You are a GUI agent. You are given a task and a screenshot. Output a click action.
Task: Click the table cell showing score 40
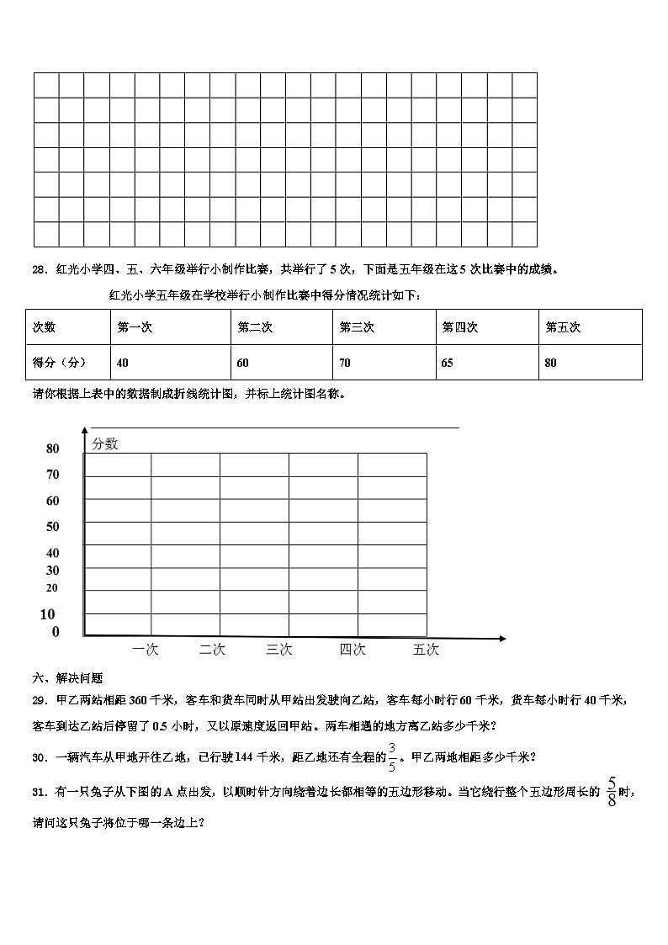click(x=124, y=364)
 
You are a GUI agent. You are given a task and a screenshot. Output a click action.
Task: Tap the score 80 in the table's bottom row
click(x=551, y=364)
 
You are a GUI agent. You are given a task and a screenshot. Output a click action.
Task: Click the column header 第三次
click(x=357, y=327)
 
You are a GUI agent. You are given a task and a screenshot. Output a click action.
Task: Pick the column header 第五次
click(x=563, y=327)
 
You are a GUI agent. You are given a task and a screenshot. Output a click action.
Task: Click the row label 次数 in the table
click(x=44, y=327)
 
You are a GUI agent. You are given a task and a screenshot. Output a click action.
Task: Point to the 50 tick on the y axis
click(x=53, y=527)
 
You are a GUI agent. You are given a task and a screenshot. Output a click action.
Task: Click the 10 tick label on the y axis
click(x=48, y=614)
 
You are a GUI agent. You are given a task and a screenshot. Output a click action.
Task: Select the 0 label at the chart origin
click(x=56, y=632)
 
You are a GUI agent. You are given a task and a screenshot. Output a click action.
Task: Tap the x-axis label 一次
click(x=146, y=650)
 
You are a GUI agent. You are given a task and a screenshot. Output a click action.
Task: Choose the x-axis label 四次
click(x=353, y=650)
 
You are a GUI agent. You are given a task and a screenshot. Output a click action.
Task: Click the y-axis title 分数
click(x=105, y=444)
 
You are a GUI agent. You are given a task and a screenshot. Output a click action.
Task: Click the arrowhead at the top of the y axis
click(x=84, y=433)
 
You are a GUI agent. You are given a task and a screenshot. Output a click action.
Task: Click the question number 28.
click(x=39, y=270)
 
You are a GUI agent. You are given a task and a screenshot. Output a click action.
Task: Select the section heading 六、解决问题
click(x=67, y=678)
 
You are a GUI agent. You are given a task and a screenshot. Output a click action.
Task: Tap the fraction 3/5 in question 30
click(x=392, y=757)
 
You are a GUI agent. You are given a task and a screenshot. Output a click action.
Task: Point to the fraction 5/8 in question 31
click(x=611, y=792)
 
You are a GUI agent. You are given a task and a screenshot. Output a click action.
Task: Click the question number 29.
click(x=39, y=700)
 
